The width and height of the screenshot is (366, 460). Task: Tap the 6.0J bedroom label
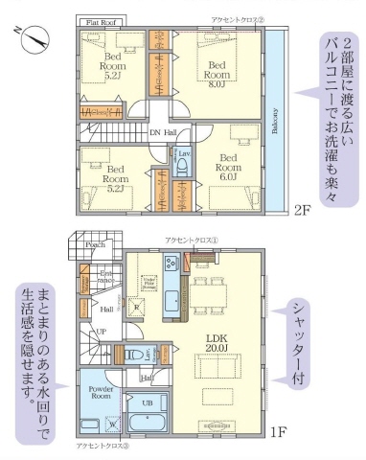[228, 170]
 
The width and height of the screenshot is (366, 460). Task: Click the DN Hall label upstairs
[162, 132]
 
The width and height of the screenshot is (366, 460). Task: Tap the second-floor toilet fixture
[182, 165]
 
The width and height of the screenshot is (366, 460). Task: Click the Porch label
[94, 244]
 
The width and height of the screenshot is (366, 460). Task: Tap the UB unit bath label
[147, 402]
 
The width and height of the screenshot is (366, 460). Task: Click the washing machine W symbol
[113, 422]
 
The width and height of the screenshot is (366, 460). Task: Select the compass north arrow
[35, 37]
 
